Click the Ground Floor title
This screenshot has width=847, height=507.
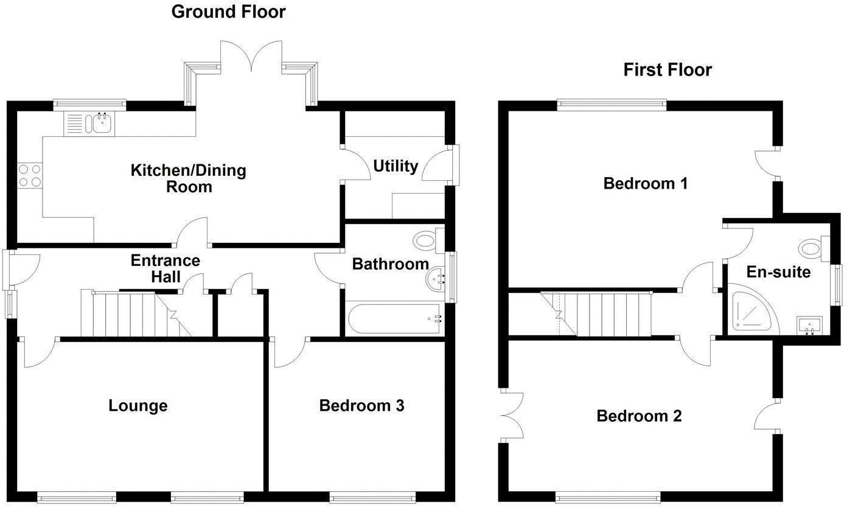tap(228, 12)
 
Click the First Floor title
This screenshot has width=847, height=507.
tap(667, 70)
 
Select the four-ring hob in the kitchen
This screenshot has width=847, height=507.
tap(29, 175)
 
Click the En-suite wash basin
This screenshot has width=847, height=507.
tap(809, 324)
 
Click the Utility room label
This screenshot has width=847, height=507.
tap(396, 166)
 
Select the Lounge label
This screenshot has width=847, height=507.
tap(138, 405)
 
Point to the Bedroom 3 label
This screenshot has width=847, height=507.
tap(361, 405)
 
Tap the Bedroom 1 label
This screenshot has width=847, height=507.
tap(645, 183)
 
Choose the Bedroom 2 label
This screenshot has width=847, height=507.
tap(638, 416)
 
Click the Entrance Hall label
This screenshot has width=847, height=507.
tap(165, 268)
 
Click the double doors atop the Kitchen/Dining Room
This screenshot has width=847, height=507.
tap(251, 58)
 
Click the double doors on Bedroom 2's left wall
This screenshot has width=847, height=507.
tap(511, 415)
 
